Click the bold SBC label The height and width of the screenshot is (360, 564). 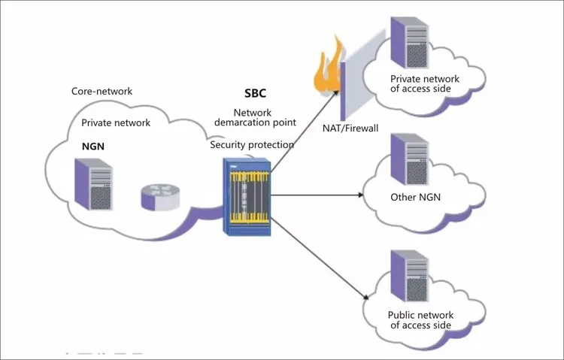[256, 95]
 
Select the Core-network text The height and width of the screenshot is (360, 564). [102, 91]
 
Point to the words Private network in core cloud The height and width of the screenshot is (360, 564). [116, 122]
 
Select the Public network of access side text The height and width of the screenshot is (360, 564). [420, 319]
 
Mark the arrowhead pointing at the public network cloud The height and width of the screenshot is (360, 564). [363, 296]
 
